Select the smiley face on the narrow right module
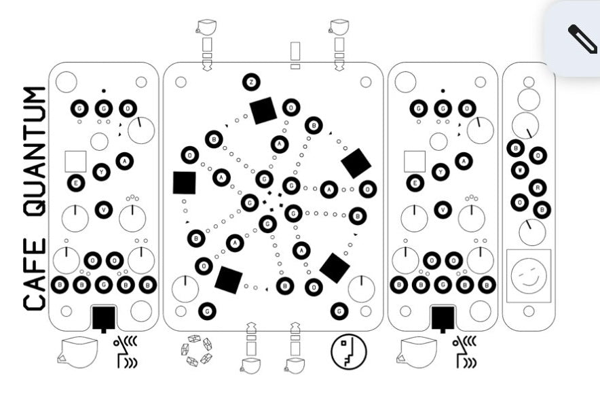click(529, 276)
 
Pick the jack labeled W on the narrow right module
click(521, 170)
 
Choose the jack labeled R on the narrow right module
click(538, 187)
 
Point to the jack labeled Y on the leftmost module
click(101, 172)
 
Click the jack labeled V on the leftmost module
click(103, 210)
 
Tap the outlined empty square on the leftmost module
click(75, 161)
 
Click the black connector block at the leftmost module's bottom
click(104, 317)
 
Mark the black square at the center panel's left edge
click(184, 182)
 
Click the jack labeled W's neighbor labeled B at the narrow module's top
click(517, 149)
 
